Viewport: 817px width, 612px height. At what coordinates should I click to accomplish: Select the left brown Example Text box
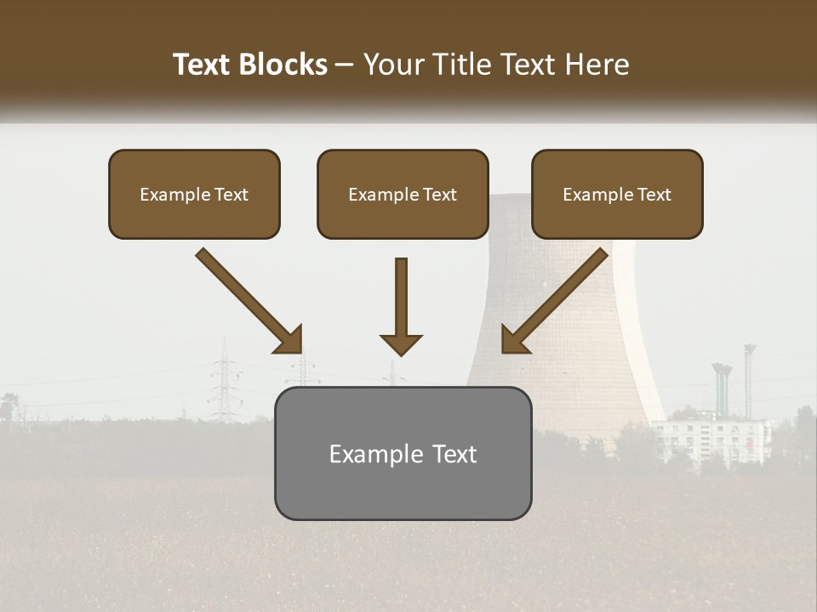click(194, 194)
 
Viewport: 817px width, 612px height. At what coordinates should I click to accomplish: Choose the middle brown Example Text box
click(403, 194)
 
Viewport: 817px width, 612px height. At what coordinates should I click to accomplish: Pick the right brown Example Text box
click(617, 194)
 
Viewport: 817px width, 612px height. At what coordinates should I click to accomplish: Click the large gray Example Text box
click(403, 453)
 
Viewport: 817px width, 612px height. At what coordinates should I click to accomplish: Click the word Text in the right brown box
click(654, 195)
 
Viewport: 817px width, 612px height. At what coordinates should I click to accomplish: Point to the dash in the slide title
click(345, 65)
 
